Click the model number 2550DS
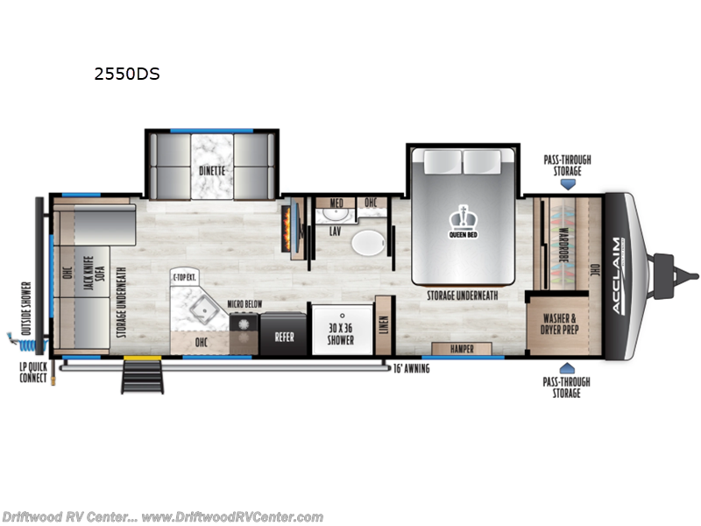[x=127, y=75]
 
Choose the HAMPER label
[x=462, y=349]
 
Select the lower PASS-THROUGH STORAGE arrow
[x=567, y=368]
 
